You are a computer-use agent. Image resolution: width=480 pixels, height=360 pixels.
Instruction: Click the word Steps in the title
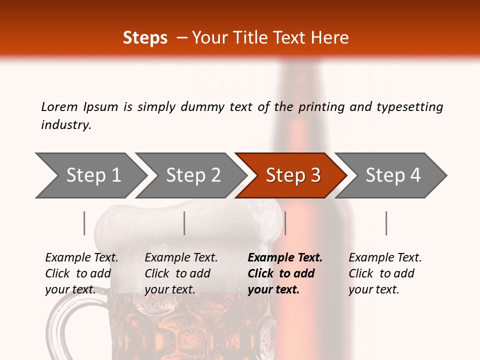coord(145,38)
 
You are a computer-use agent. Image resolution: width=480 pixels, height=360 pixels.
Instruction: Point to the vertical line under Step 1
coord(84,223)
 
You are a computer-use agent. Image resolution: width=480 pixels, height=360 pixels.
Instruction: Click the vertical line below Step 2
coord(184,223)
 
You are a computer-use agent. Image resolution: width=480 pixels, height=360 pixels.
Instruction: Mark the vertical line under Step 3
coord(285,223)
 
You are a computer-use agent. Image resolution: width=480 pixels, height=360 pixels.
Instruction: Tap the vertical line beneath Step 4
coord(386,223)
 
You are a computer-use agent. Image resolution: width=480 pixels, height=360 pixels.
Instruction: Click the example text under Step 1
coord(81,273)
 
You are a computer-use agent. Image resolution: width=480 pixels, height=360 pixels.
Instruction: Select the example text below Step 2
coord(181,273)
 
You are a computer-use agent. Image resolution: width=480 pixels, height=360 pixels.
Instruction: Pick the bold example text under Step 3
coord(284,273)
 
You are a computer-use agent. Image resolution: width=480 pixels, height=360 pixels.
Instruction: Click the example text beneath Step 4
coord(385,273)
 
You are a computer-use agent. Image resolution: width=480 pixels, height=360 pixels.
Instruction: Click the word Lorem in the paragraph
coord(59,107)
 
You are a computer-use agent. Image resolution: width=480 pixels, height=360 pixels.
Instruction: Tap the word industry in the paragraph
coord(65,125)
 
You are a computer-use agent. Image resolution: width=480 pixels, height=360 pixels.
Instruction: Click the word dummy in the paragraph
coord(205,107)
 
